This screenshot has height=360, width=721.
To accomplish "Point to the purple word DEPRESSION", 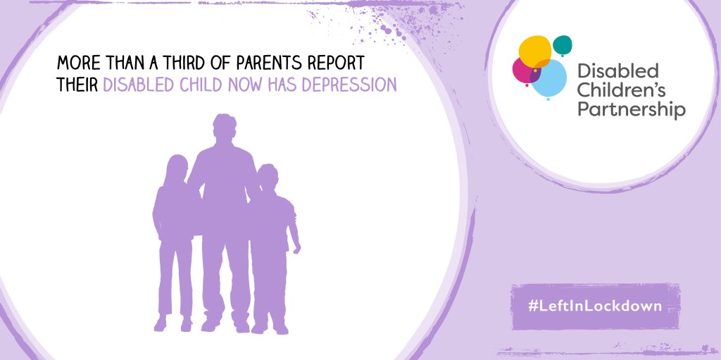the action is point(353,85).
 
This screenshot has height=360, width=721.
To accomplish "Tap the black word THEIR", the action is point(77,85).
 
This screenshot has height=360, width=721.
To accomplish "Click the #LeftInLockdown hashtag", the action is point(595,306).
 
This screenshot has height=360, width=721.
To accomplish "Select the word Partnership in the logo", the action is point(632,110).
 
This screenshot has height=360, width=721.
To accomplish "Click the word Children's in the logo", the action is point(621,90).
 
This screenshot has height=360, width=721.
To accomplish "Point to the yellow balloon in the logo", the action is point(535,51).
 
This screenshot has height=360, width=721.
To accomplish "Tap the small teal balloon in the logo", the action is point(563,44).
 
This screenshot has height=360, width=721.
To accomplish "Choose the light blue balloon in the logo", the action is point(549,79).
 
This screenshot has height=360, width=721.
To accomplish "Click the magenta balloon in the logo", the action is point(524,71).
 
